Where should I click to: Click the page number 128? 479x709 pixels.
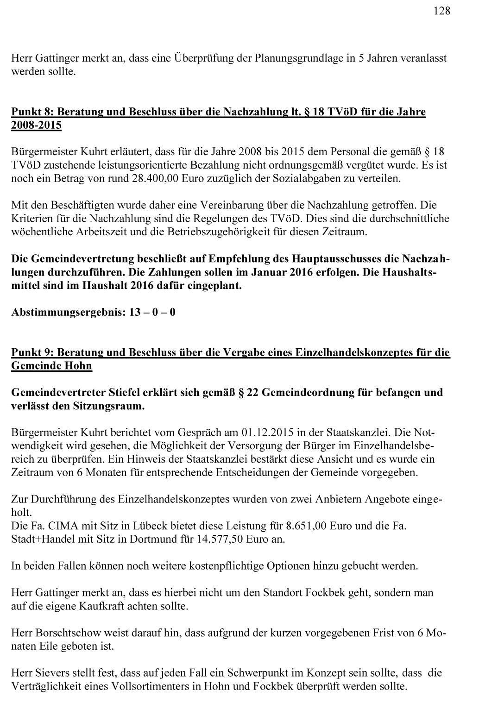(x=442, y=11)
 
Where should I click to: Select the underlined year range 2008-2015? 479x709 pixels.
(x=36, y=125)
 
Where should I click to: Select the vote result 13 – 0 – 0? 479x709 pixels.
(x=152, y=312)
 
